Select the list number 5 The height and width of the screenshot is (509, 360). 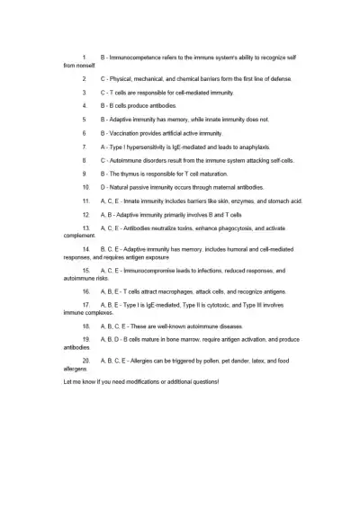click(x=84, y=119)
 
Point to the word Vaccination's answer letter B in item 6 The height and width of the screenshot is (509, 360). click(x=103, y=132)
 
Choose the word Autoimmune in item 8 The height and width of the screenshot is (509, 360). click(x=130, y=159)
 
